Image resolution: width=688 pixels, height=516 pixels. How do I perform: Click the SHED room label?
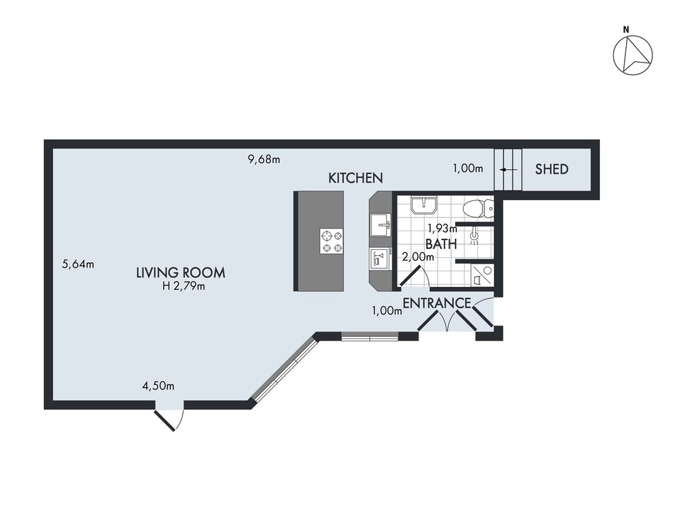(552, 169)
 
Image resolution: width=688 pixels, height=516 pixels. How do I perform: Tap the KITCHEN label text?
(356, 178)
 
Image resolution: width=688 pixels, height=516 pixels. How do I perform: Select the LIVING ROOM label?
(181, 273)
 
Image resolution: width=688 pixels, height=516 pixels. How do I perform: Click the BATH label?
(441, 244)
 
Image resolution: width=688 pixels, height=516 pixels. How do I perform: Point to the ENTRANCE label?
(437, 303)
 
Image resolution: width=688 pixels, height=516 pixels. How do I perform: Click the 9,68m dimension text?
(264, 160)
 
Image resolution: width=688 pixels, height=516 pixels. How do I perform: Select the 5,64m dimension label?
(78, 264)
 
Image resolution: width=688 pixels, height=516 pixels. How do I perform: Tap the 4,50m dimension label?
(158, 386)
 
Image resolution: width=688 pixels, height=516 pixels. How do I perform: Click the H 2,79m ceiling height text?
(184, 287)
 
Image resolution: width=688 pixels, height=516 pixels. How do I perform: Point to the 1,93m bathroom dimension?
(442, 228)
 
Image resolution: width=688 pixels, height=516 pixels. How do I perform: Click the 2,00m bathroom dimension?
(418, 257)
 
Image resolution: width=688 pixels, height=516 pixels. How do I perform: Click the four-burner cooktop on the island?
(332, 241)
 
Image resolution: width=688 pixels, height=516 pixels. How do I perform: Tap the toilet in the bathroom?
(479, 208)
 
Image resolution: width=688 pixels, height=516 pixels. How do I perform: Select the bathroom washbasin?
(423, 205)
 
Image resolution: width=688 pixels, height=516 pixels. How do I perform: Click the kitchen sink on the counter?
(380, 226)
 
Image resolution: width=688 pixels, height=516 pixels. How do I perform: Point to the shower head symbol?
(474, 236)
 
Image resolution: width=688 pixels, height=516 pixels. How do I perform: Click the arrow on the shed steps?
(508, 169)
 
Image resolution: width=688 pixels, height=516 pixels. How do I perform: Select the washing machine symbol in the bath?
(482, 276)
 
